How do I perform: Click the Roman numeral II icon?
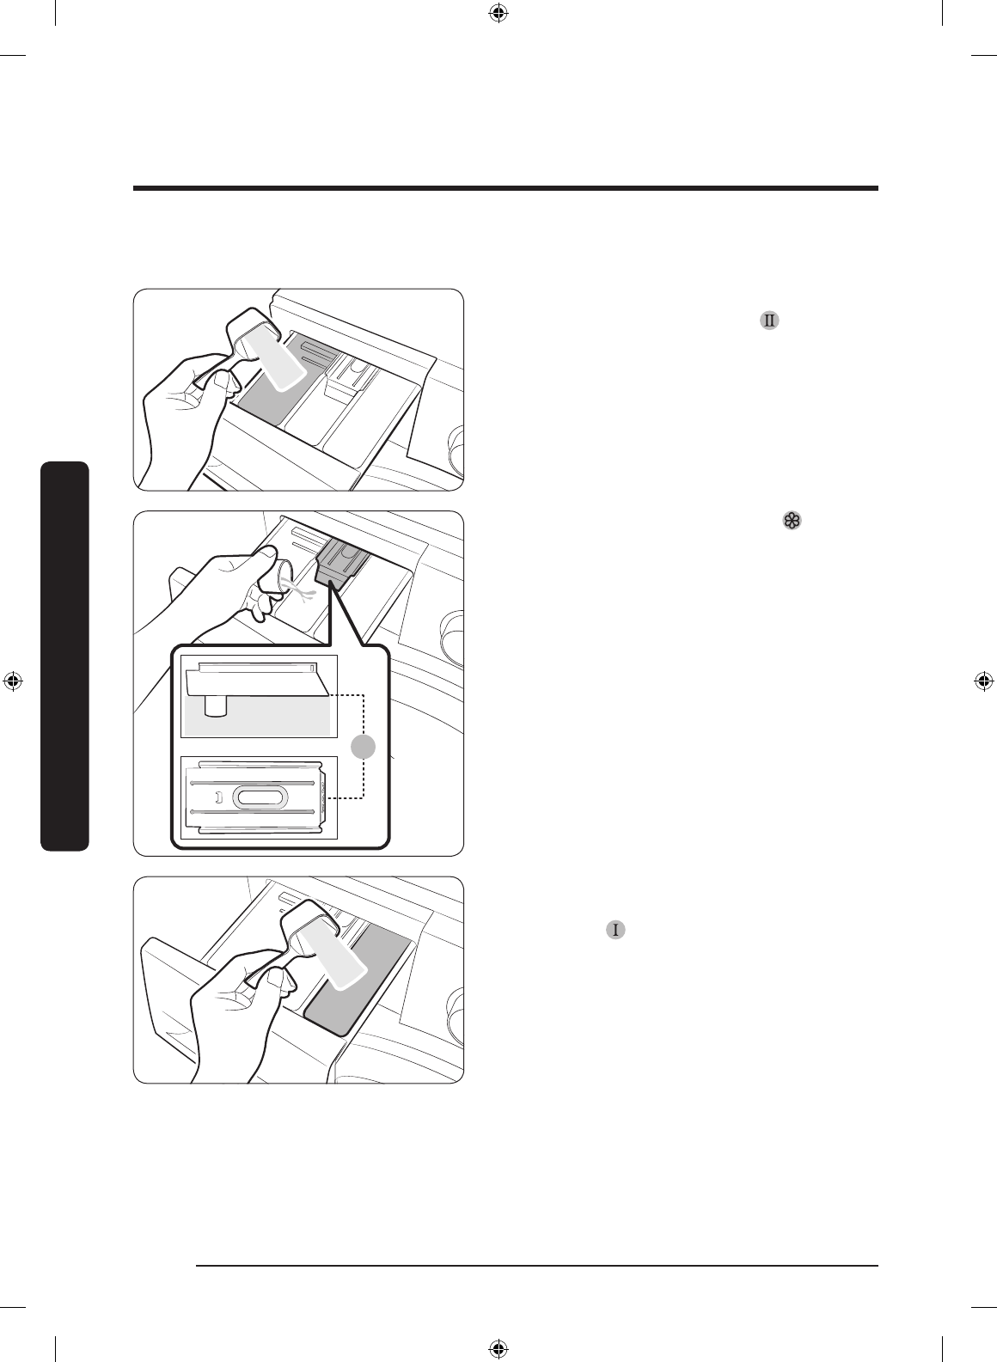point(769,321)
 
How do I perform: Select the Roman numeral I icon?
point(615,929)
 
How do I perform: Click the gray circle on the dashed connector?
point(364,747)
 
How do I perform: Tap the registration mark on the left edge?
point(13,681)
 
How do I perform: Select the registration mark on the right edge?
point(984,681)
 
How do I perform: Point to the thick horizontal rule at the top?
point(505,188)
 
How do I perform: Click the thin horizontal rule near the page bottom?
point(537,1265)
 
